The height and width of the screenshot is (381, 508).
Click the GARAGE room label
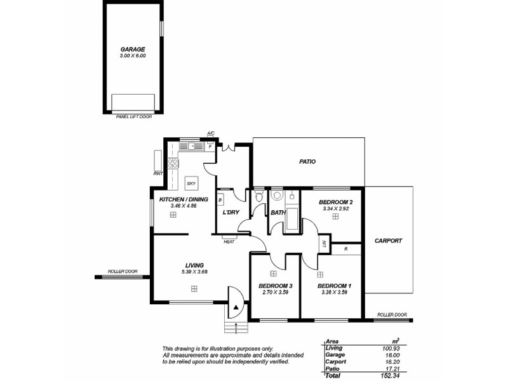coord(133,49)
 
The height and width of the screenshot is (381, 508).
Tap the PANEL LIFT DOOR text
coord(133,117)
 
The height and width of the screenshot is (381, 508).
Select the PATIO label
coord(307,162)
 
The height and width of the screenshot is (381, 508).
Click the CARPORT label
coord(388,241)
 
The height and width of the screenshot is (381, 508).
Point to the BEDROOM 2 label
coord(335,202)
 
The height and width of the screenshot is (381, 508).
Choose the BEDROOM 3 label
coord(275,286)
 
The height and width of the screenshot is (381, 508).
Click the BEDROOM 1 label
coord(334,286)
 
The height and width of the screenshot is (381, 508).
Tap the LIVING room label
coord(194,265)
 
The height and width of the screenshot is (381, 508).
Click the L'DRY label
coord(231,212)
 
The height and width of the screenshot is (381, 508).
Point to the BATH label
coord(277,213)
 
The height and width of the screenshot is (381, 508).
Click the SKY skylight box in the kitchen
coord(190,184)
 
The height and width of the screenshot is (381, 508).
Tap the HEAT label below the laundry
coord(229,241)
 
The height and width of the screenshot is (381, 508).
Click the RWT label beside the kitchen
coord(157,173)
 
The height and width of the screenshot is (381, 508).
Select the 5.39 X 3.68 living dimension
coord(194,272)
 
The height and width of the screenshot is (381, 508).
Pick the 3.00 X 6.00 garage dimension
coord(133,56)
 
